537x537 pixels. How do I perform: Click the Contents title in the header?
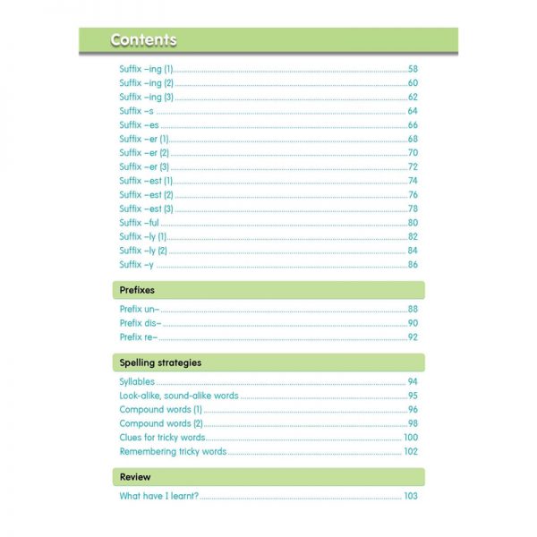143,40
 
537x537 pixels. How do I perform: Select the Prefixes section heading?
138,290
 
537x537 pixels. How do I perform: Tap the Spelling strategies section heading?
160,362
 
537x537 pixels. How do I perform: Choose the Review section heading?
135,477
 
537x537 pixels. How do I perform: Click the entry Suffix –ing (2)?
146,83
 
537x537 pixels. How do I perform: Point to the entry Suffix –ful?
139,223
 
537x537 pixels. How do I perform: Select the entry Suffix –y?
136,265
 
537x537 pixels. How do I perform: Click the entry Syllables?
137,382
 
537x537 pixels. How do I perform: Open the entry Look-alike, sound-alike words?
179,396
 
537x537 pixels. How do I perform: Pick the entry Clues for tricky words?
163,438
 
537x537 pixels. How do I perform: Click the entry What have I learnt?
159,496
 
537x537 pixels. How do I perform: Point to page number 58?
413,69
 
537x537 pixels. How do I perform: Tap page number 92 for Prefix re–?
413,337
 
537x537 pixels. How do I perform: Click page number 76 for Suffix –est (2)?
413,195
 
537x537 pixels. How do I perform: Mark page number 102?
411,452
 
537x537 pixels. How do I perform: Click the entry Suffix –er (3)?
144,166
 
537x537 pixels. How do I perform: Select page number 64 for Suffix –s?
413,111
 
